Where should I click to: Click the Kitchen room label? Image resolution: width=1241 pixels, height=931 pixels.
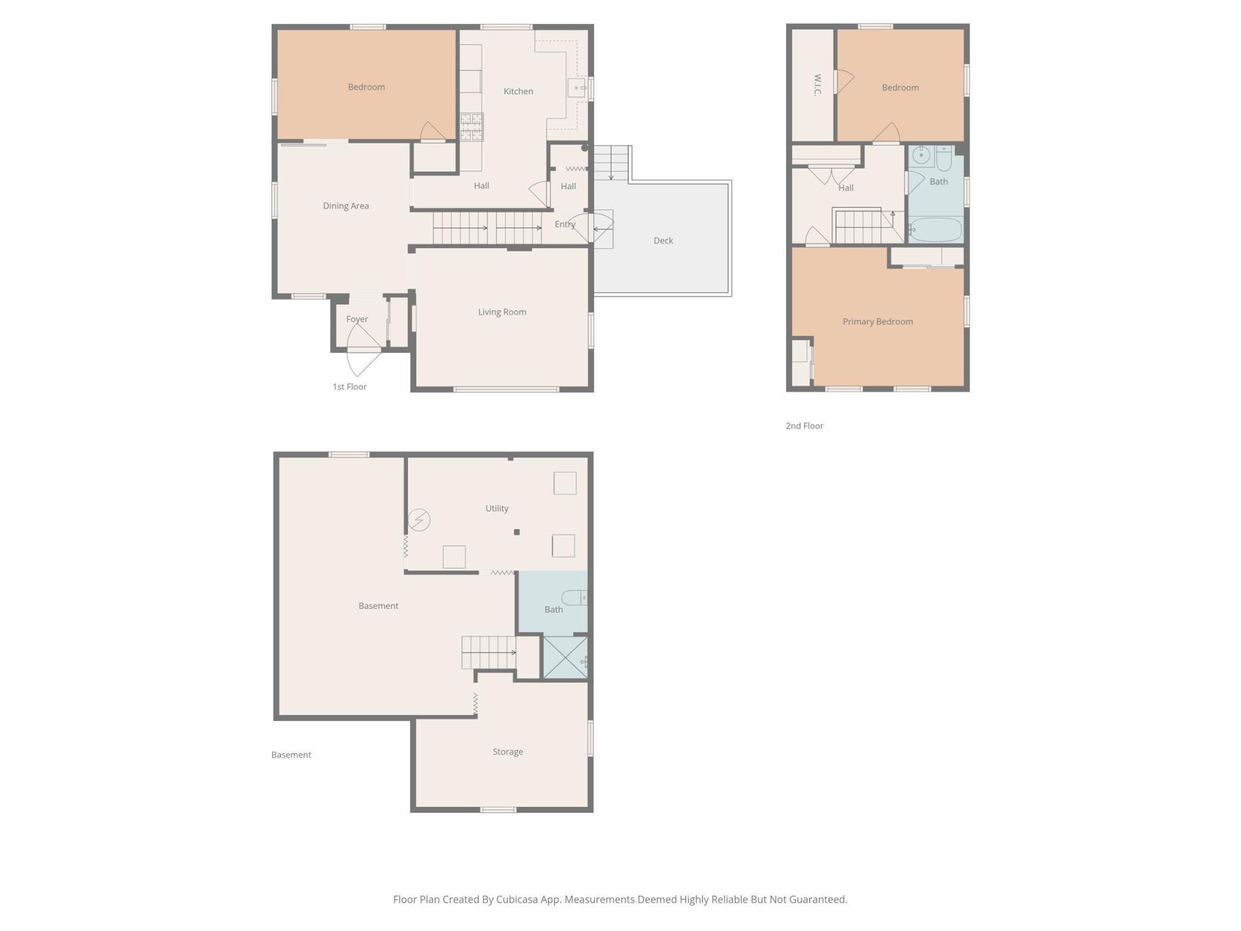coord(518,91)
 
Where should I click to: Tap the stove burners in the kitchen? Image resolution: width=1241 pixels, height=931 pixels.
coord(471,127)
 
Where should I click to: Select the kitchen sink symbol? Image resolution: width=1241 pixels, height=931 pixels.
coord(576,88)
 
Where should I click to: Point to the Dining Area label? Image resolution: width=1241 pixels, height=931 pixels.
coord(346,206)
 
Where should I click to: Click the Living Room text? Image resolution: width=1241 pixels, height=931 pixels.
coord(502,312)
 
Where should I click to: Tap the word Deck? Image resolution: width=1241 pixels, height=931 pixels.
coord(663,241)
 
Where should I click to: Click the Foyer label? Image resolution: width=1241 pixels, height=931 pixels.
coord(357,319)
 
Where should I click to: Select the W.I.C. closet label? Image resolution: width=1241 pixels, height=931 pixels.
coord(817,85)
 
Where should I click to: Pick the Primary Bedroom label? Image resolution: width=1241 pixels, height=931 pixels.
coord(878,322)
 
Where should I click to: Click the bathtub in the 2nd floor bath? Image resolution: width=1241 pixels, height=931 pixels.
coord(936,230)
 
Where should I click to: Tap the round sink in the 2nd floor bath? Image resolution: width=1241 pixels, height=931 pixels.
coord(921,155)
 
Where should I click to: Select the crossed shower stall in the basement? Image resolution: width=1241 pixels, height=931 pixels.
coord(565,658)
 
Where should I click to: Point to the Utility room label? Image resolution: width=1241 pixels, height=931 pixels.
coord(496,508)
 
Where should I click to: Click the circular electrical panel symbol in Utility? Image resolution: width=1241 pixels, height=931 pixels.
coord(419,520)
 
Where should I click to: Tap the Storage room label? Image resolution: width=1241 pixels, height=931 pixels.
coord(508,752)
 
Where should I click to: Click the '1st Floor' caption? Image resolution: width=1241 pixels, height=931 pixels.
coord(350,387)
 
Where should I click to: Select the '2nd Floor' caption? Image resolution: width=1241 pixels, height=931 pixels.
coord(804,426)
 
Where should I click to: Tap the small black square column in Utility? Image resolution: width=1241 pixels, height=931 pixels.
coord(517,532)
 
